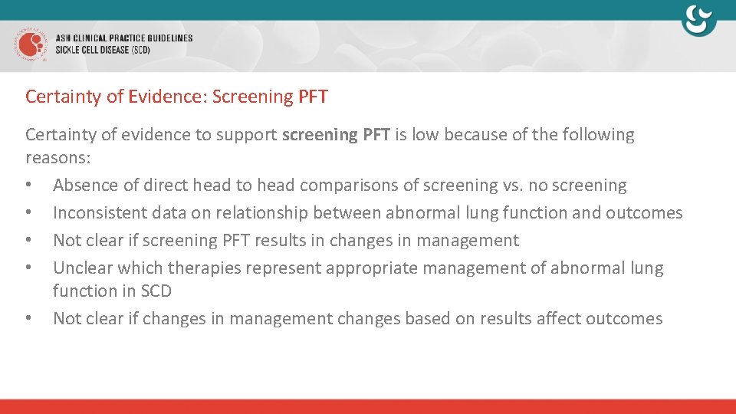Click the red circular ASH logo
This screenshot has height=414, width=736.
[x=30, y=45]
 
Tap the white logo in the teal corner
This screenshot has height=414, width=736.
[x=698, y=21]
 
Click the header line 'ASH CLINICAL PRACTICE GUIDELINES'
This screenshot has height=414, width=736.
[x=123, y=38]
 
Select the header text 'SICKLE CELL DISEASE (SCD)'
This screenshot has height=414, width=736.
[x=103, y=51]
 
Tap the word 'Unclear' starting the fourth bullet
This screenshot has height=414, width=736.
[x=83, y=268]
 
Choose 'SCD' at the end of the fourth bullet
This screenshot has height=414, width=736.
[x=156, y=291]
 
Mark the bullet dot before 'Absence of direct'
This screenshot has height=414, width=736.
[x=28, y=186]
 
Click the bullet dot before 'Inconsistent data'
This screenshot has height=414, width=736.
[x=28, y=214]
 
